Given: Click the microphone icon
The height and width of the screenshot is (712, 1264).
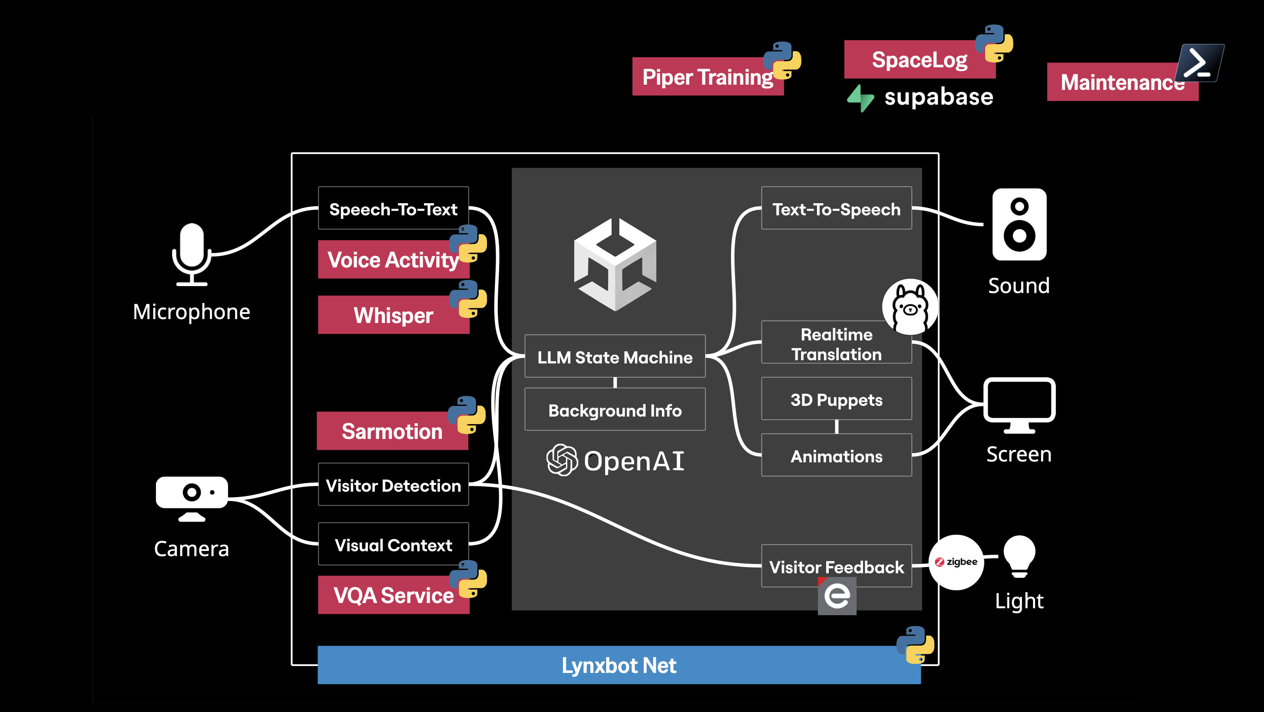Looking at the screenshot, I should point(192,254).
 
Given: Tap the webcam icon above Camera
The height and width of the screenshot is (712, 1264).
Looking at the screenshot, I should point(192,498).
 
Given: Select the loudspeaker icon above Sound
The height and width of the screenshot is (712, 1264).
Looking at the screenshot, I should point(1019,224).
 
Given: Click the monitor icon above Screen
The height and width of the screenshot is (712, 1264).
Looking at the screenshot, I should point(1019,405).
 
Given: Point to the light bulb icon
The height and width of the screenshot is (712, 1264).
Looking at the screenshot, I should point(1019,557).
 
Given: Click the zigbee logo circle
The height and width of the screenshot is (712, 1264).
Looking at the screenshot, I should point(956,562).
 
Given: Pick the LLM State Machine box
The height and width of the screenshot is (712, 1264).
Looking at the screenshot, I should point(615,356).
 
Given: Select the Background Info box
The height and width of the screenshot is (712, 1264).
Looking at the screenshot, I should point(615,409).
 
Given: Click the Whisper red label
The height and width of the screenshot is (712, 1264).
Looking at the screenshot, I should point(394,315).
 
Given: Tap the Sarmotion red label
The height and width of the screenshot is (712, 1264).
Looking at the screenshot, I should point(392,431).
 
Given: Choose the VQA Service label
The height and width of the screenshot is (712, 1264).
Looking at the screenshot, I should point(394,595).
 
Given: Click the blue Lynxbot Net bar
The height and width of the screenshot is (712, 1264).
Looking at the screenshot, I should point(619,665).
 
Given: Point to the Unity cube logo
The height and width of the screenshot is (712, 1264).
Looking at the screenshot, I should point(615,265).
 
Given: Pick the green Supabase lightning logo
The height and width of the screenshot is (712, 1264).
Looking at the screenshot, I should point(860,98).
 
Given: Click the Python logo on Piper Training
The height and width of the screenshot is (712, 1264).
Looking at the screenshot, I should point(782,60).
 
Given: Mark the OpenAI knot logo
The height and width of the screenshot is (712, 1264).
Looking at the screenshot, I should point(562,460).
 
